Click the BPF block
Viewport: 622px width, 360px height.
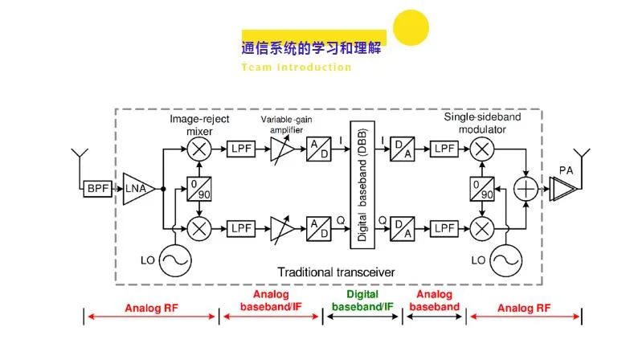97,190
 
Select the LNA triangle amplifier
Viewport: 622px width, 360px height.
137,190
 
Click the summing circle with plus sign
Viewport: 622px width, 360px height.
526,190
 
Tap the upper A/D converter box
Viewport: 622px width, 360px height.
318,149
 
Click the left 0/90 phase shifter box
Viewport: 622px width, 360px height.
197,190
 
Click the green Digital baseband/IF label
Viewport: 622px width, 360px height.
362,301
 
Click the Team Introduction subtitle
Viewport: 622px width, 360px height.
297,67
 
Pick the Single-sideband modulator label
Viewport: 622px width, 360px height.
482,123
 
